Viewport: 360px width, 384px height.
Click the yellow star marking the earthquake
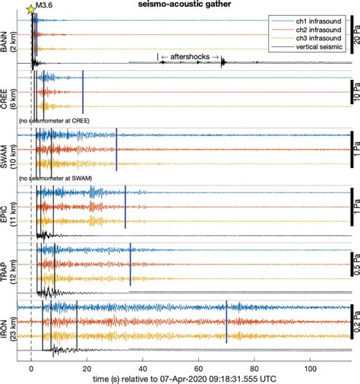click(30, 9)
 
